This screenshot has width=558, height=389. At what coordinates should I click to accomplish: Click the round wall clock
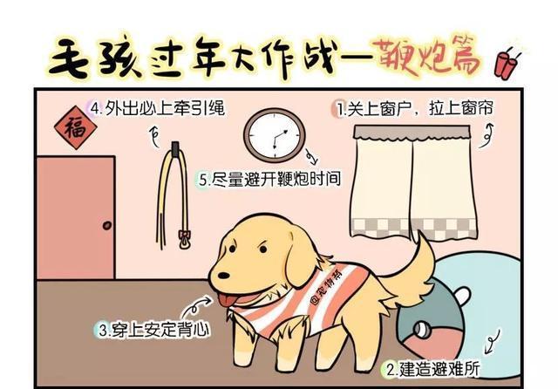click(272, 136)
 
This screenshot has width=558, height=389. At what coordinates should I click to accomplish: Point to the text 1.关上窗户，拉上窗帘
click(415, 110)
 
